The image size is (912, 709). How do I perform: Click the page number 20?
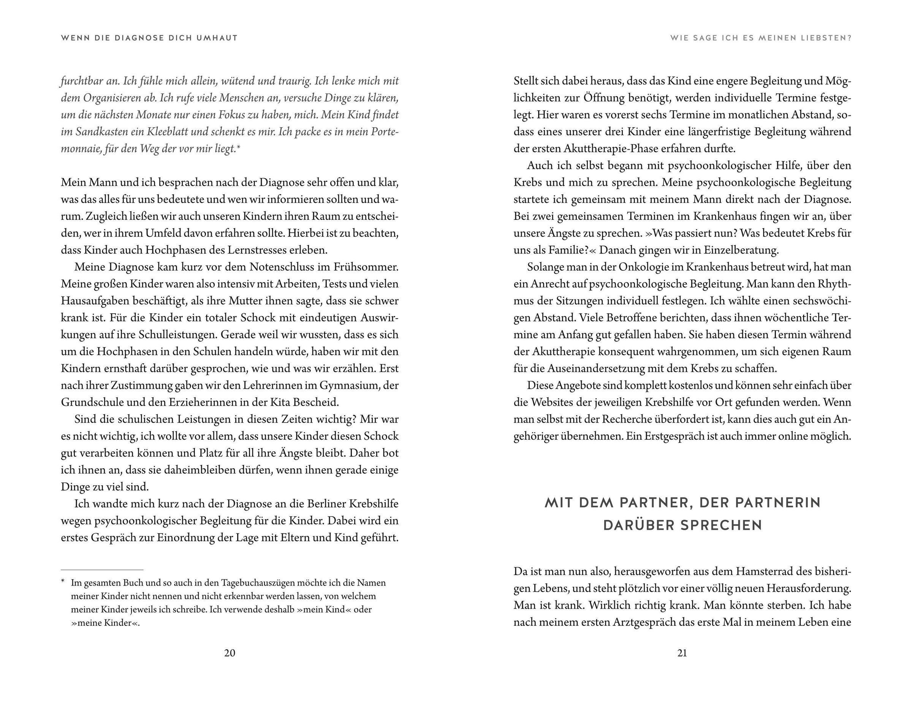click(x=230, y=653)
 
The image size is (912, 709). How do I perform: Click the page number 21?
click(x=682, y=653)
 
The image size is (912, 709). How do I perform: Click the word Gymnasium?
click(x=350, y=385)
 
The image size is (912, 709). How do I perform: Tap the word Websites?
click(x=553, y=402)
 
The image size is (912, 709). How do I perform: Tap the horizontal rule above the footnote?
click(x=102, y=570)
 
